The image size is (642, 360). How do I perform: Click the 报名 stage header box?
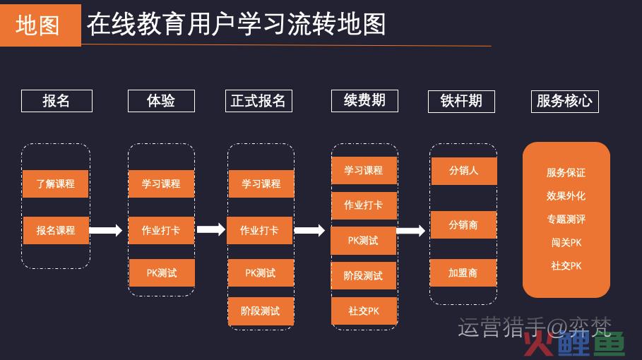click(57, 101)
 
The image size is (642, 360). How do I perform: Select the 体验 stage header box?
click(161, 101)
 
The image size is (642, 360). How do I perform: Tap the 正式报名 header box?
click(258, 101)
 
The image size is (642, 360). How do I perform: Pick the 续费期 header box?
click(364, 101)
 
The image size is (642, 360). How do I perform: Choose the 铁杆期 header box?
click(461, 102)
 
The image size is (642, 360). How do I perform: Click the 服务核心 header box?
click(565, 102)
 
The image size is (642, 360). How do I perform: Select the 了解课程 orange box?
click(56, 184)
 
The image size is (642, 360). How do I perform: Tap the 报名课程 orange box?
click(56, 230)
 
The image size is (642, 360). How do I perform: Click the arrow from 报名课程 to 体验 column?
click(106, 230)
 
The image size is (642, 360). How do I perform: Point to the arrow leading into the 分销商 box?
click(410, 230)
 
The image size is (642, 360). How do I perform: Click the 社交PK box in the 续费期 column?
click(364, 311)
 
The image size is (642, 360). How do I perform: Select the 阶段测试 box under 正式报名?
click(261, 311)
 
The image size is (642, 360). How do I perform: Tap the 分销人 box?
click(464, 171)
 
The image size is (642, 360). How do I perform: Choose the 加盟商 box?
click(463, 273)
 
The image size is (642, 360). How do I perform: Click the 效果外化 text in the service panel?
click(566, 196)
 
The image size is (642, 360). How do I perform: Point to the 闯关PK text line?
click(566, 243)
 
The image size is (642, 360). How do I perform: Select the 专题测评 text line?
click(566, 220)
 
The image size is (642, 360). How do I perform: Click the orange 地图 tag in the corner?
click(40, 25)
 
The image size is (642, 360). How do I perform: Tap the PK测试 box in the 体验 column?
click(162, 273)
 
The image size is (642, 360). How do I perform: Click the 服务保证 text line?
click(566, 173)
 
